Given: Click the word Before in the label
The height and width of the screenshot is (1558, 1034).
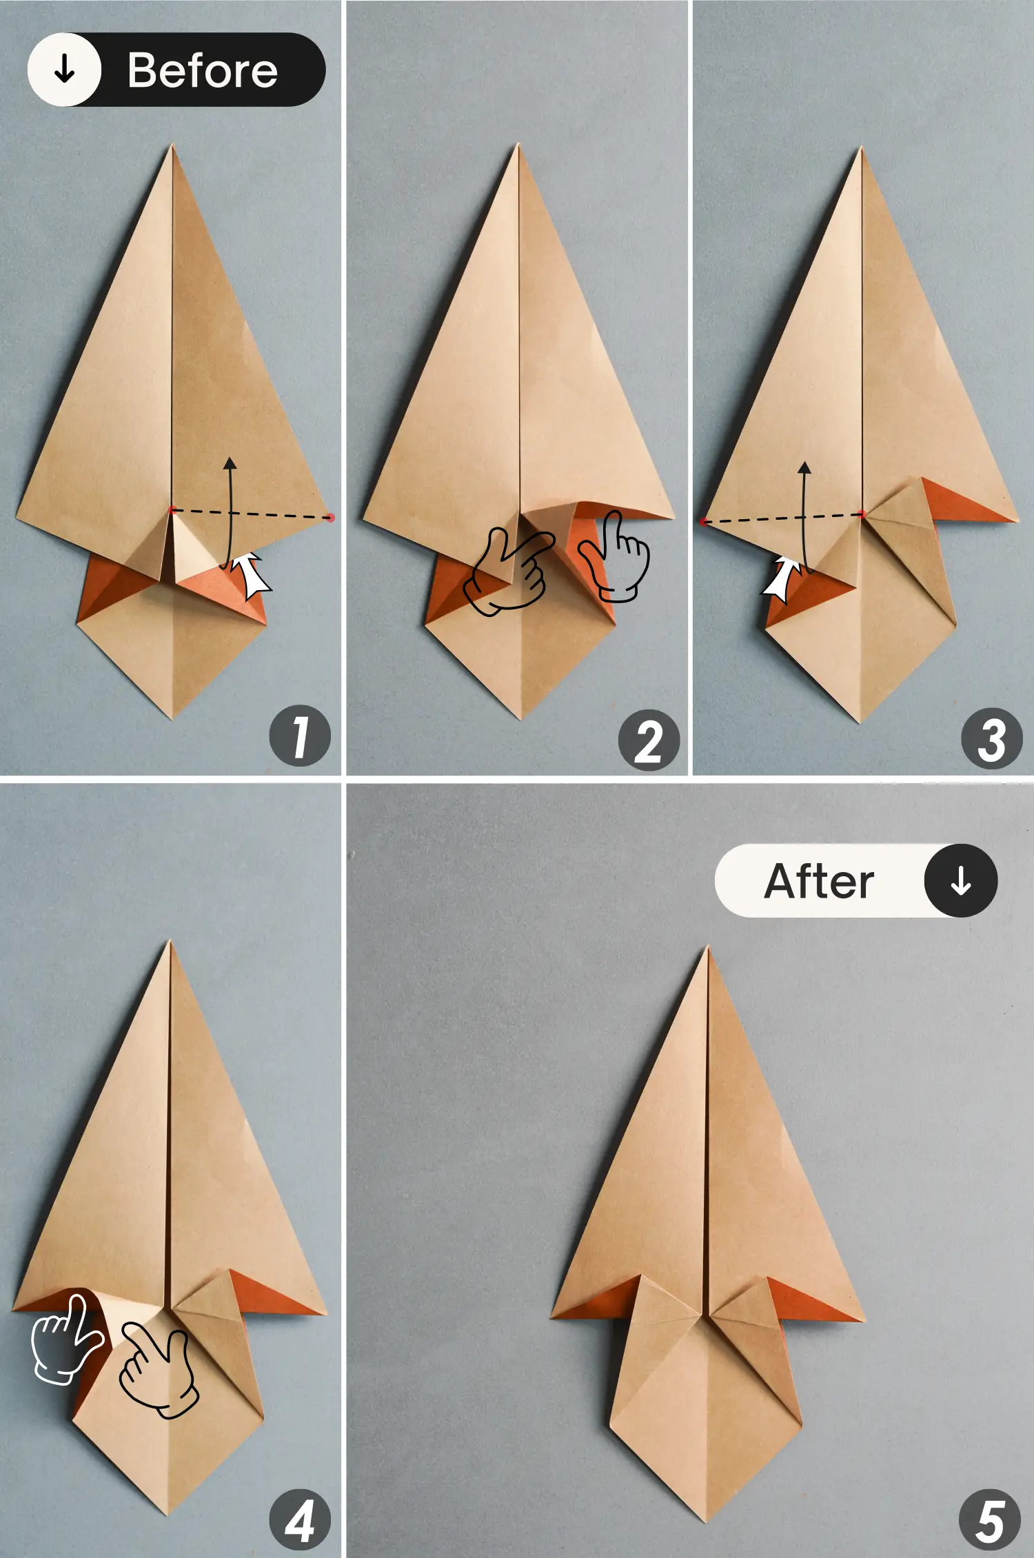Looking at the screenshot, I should (x=202, y=70).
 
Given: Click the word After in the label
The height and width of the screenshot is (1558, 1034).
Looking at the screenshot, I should (x=819, y=881).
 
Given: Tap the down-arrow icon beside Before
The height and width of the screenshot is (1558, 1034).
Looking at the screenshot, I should (x=64, y=70).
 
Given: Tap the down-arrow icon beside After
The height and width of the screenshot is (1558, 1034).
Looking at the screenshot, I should (x=960, y=881).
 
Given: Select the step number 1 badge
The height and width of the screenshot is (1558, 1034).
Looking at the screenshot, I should (x=300, y=736).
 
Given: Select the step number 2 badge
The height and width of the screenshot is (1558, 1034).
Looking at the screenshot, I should (x=649, y=740).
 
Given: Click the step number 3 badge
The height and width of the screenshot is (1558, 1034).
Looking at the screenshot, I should (x=991, y=738).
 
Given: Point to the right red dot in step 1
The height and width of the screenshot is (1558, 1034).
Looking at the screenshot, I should (x=330, y=517).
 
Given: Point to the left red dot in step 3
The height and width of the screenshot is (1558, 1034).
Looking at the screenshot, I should (x=702, y=523).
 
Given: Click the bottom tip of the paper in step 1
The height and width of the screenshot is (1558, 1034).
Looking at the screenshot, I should (x=172, y=718).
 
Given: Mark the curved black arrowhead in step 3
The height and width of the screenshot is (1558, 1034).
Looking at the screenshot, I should (x=804, y=468).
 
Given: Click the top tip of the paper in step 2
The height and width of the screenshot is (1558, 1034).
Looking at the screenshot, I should (x=518, y=146).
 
